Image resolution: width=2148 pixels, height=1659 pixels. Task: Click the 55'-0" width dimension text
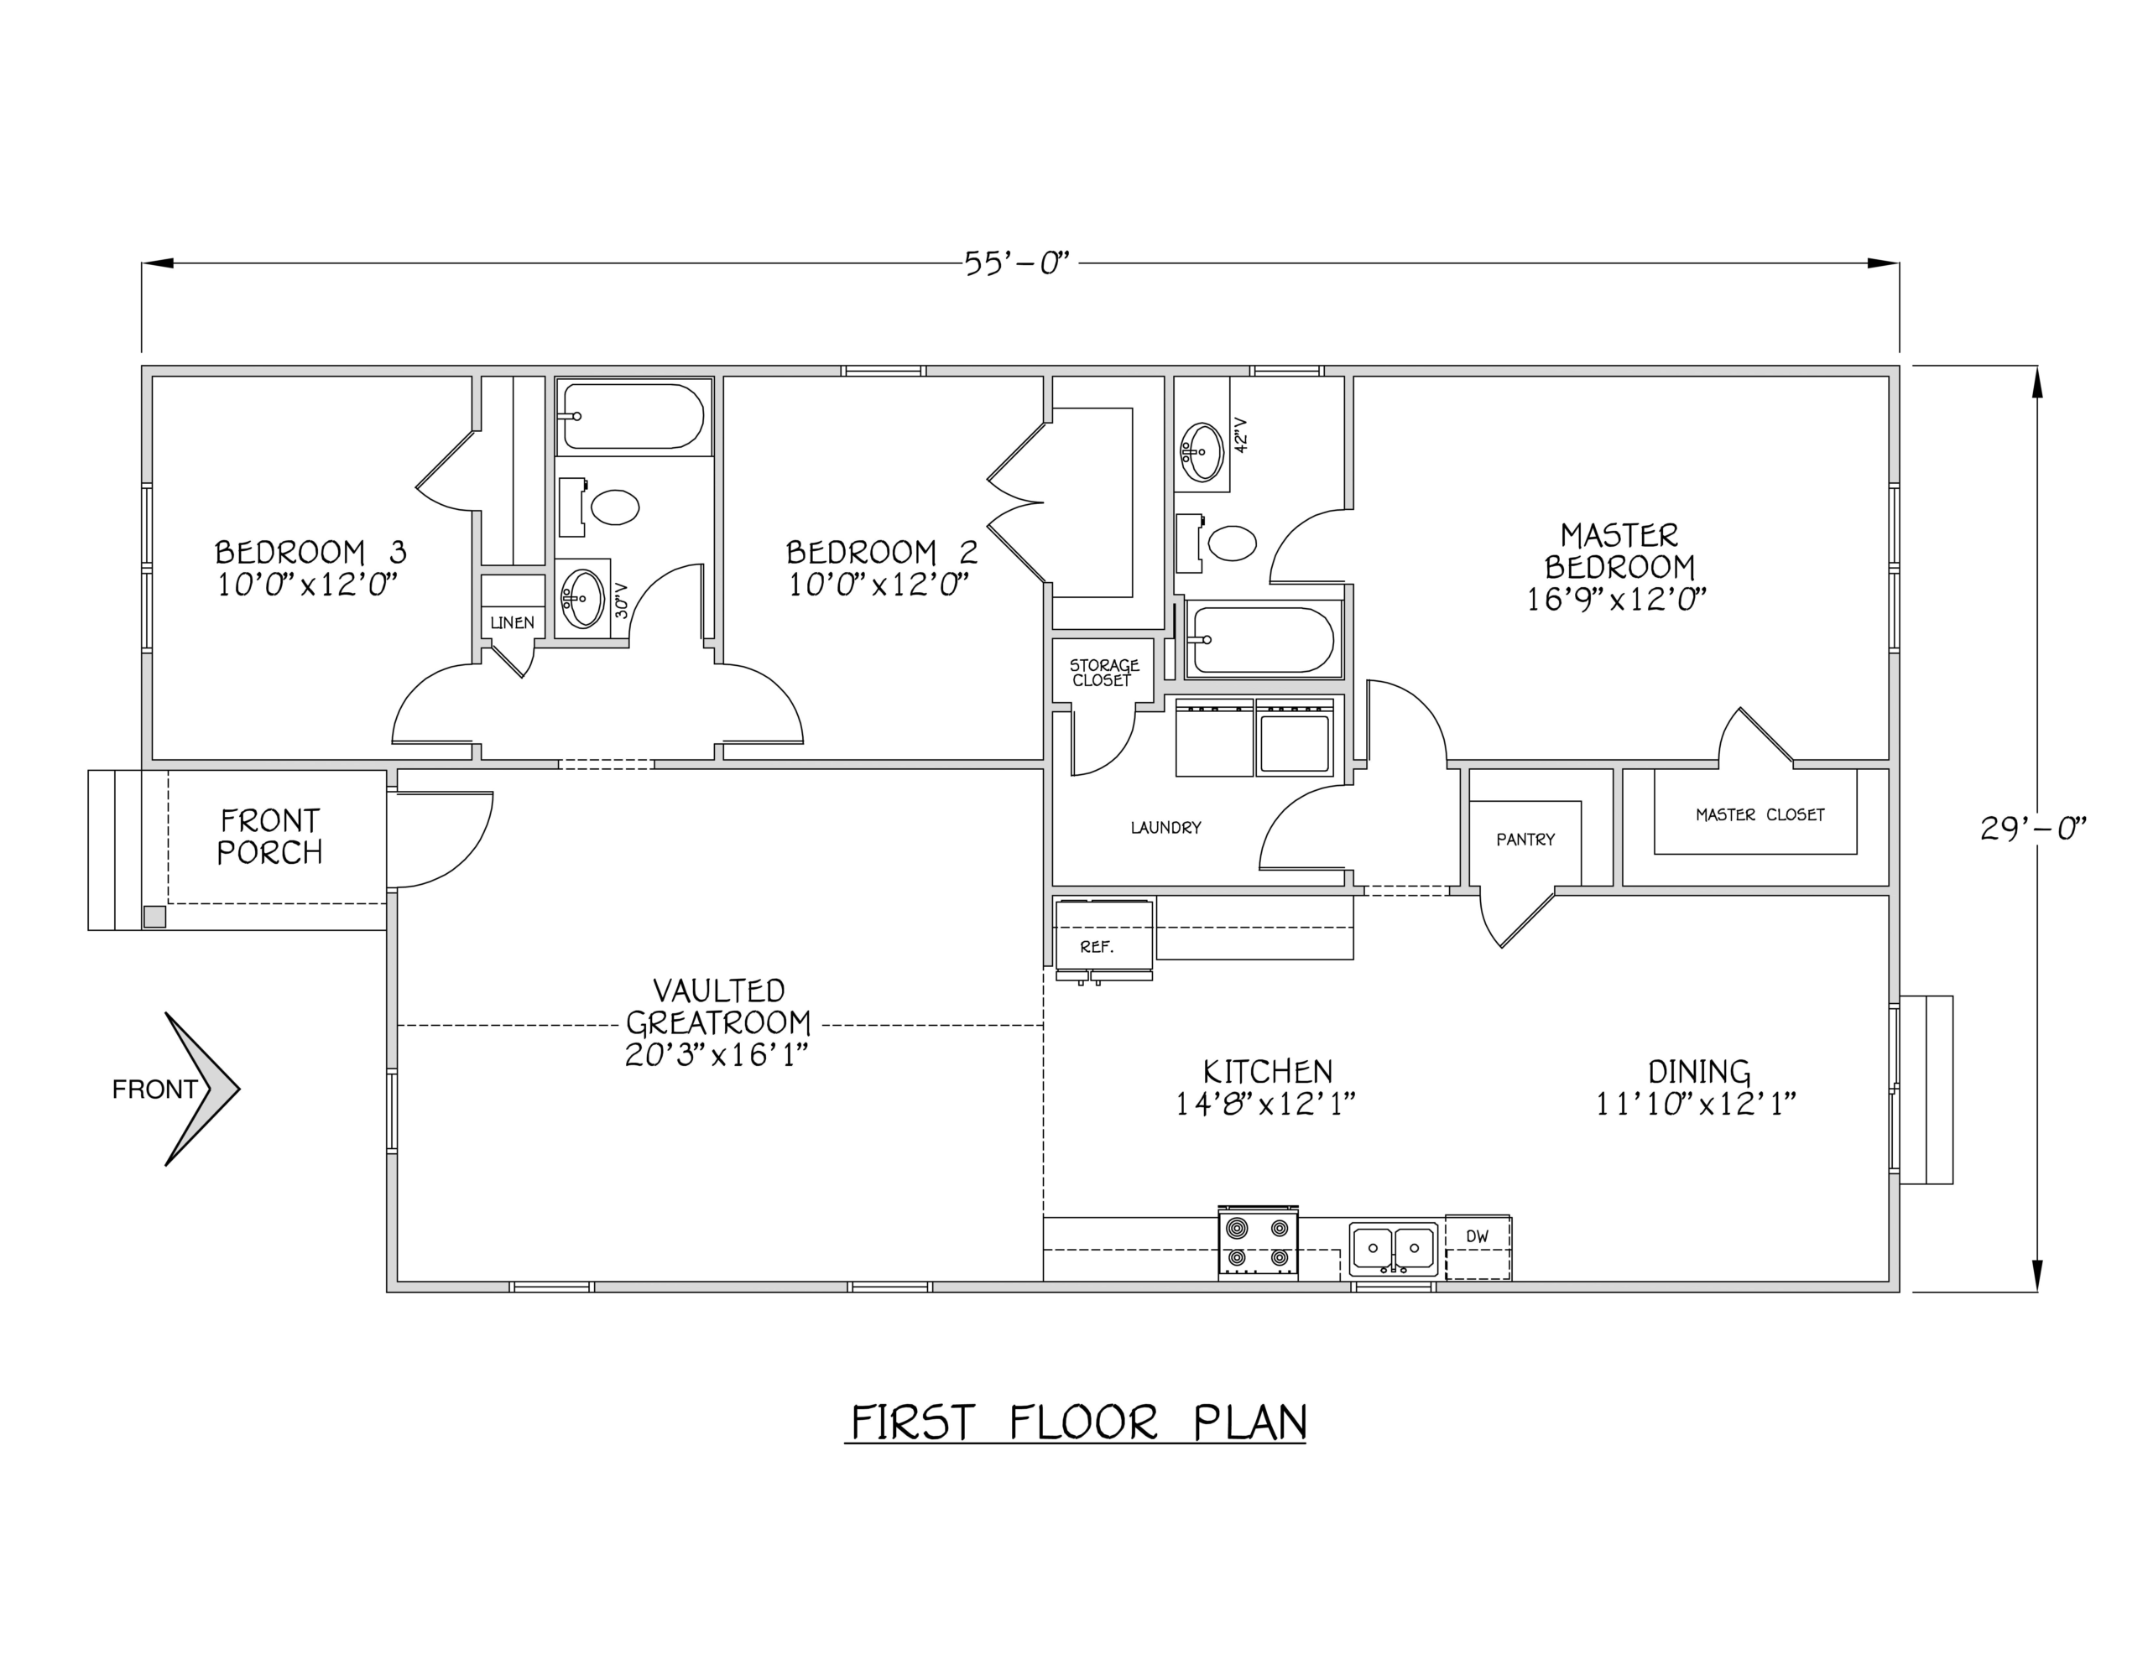coord(1016,263)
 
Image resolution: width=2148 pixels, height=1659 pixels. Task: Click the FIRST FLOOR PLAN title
coord(1078,1423)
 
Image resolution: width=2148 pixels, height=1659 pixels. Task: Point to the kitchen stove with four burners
coord(1258,1243)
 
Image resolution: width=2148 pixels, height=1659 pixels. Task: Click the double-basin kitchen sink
coord(1393,1248)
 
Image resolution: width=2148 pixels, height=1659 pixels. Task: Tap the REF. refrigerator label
coord(1097,947)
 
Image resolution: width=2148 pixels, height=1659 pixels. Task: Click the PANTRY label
coord(1525,840)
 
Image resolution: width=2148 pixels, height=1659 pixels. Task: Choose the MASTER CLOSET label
coord(1760,814)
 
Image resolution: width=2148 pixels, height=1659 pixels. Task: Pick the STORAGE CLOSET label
coord(1103,673)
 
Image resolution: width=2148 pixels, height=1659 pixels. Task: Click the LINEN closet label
coord(513,622)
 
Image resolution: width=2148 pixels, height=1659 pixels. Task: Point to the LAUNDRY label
coord(1165,828)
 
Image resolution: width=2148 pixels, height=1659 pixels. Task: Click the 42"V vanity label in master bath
coord(1240,434)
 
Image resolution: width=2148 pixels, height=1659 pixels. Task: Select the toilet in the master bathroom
coord(1218,542)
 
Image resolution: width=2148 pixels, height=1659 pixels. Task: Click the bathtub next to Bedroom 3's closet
coord(634,416)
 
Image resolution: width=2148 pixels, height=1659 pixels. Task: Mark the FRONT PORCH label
coord(269,836)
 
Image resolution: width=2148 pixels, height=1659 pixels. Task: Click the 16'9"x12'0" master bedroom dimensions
coord(1616,599)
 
